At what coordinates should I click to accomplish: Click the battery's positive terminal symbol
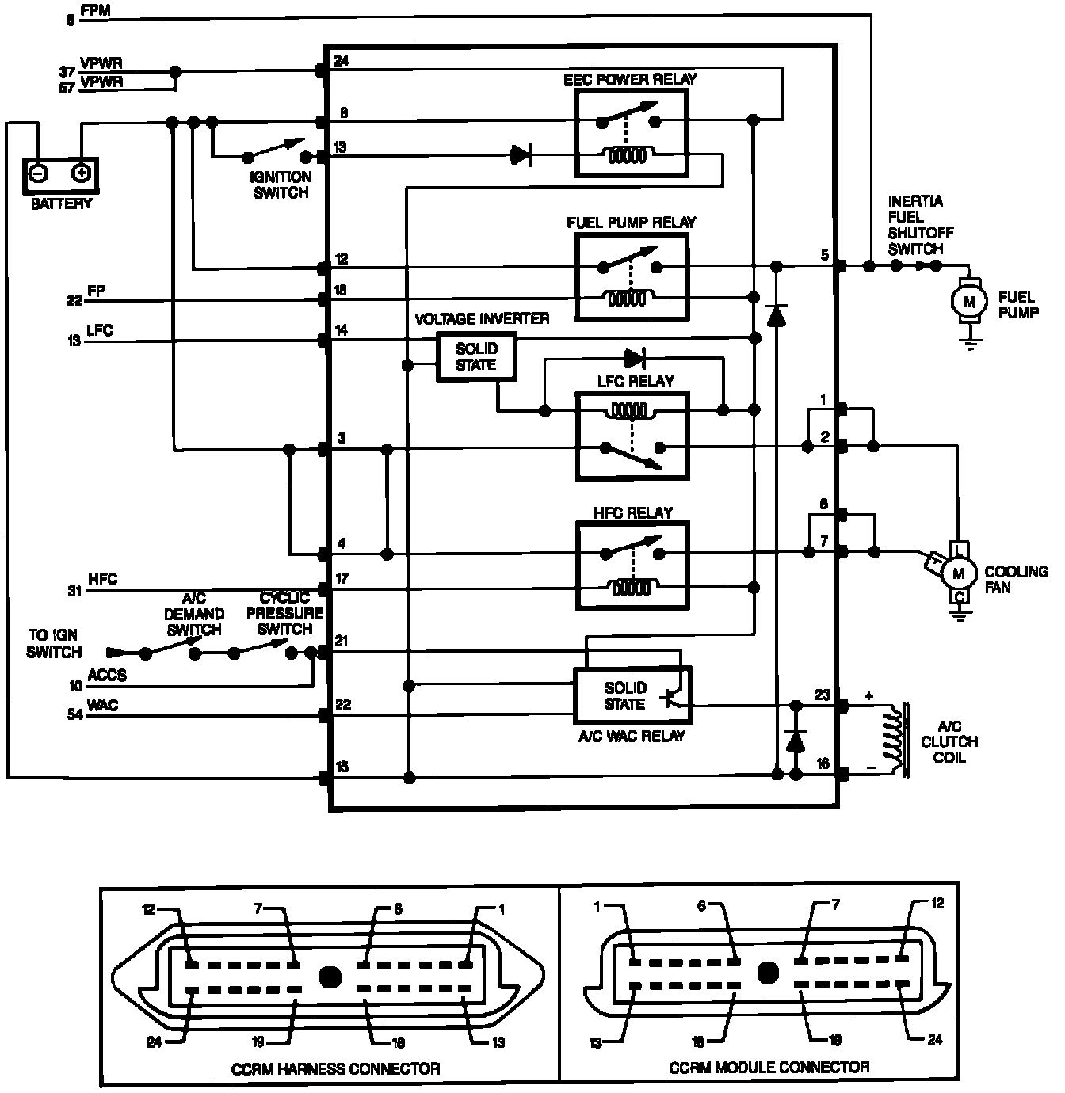pos(82,173)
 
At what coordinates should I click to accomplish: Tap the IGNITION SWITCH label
pos(281,185)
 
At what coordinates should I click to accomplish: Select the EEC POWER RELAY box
pos(632,132)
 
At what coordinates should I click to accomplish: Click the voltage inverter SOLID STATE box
pos(476,356)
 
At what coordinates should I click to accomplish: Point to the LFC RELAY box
pos(632,436)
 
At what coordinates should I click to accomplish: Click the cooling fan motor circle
pos(959,573)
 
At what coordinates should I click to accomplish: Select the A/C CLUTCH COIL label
pos(949,741)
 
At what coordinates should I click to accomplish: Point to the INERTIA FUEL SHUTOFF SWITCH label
pos(920,225)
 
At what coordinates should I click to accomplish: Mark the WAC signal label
pos(103,705)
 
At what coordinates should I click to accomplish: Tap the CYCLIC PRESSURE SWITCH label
pos(284,614)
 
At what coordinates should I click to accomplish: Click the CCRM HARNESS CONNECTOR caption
pos(335,1068)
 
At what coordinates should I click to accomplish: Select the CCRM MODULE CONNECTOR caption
pos(769,1067)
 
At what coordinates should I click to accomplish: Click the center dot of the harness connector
pos(330,976)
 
